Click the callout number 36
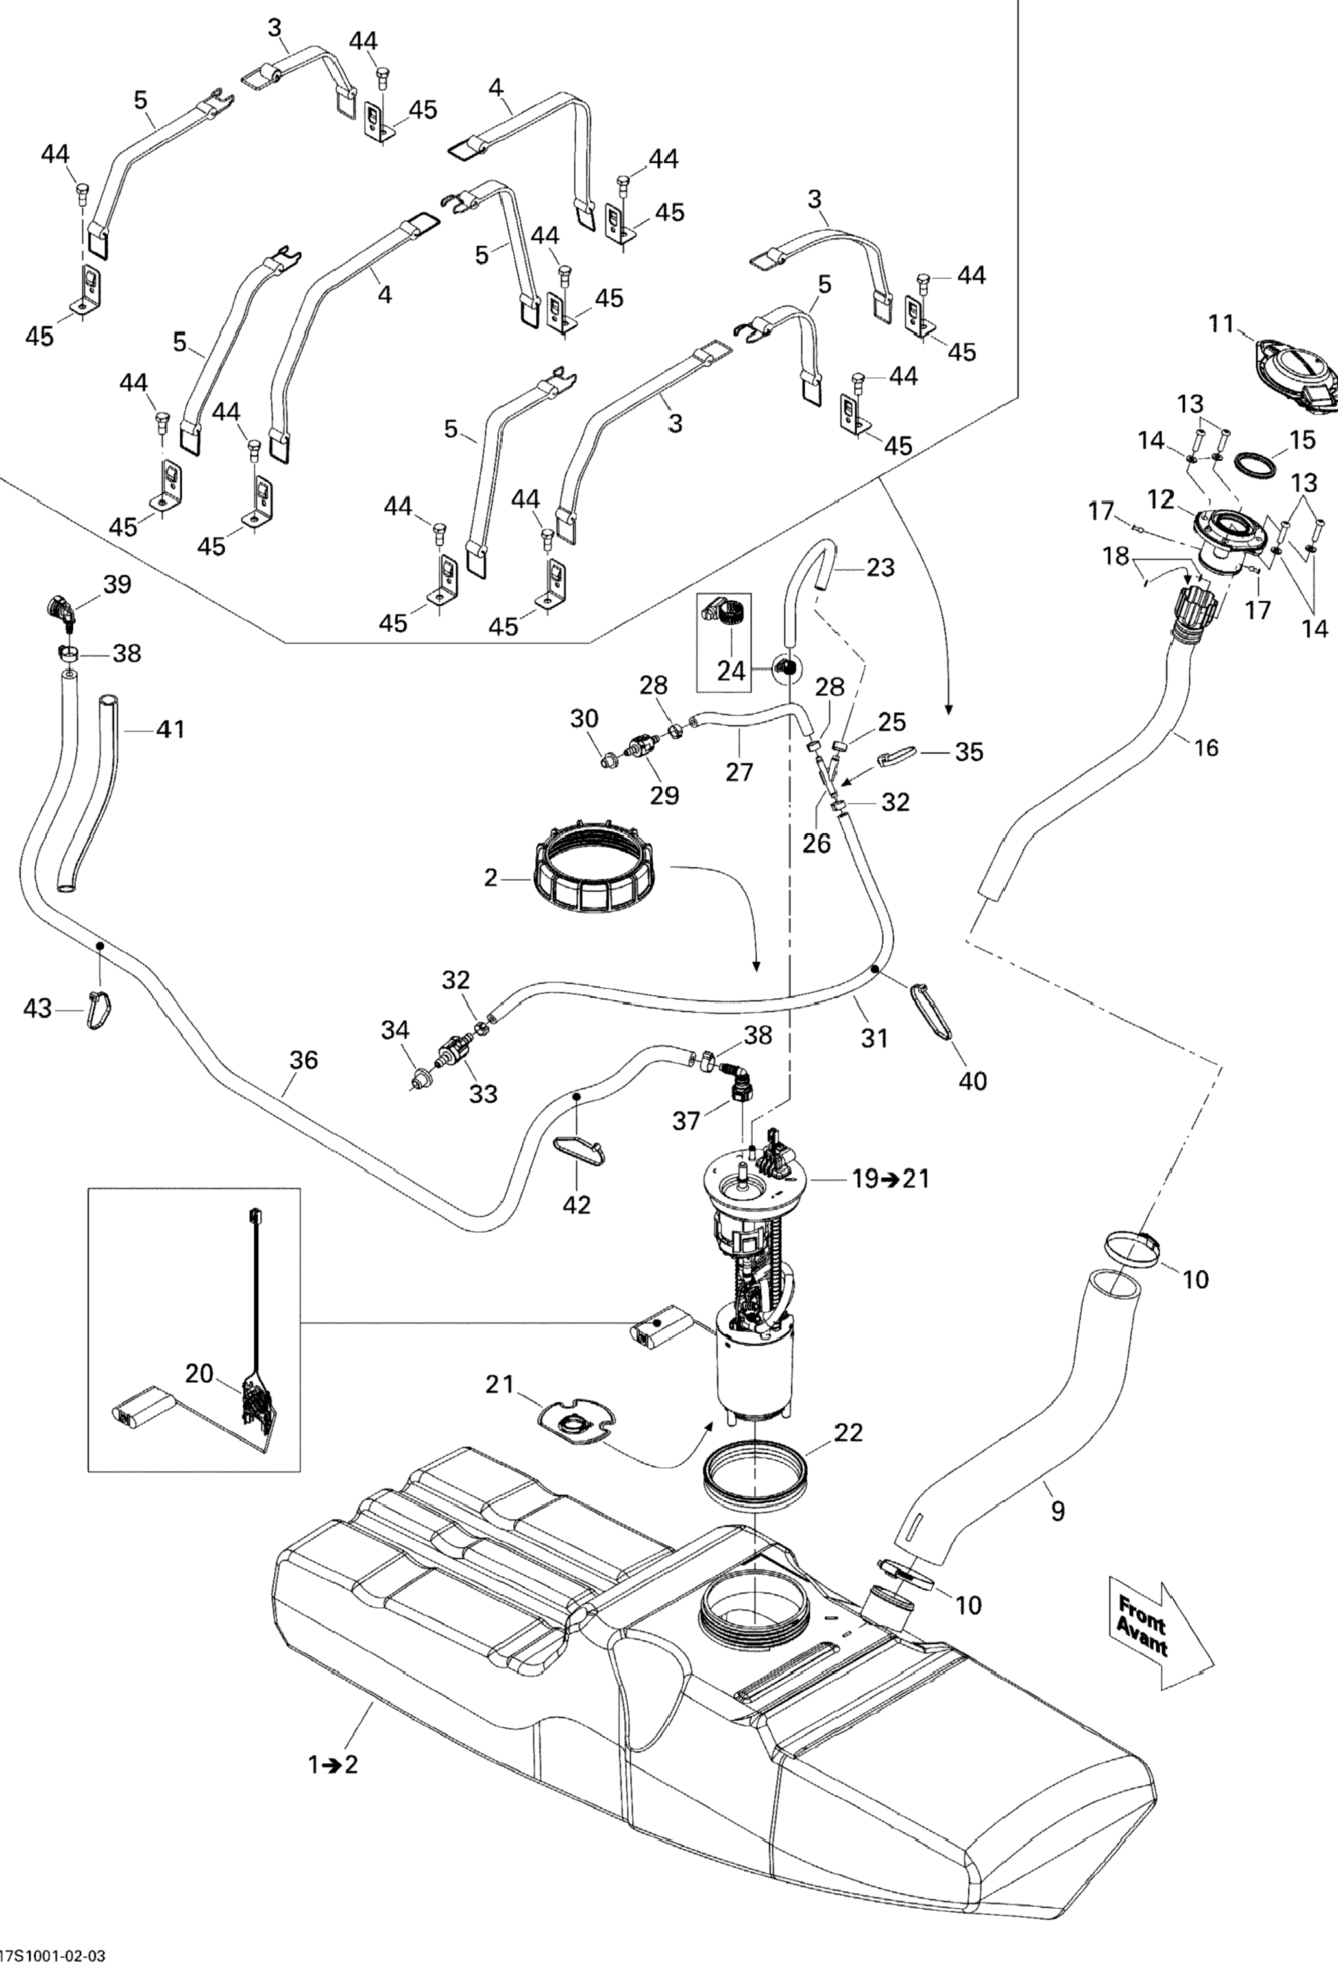click(304, 1060)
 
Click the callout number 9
click(1058, 1512)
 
